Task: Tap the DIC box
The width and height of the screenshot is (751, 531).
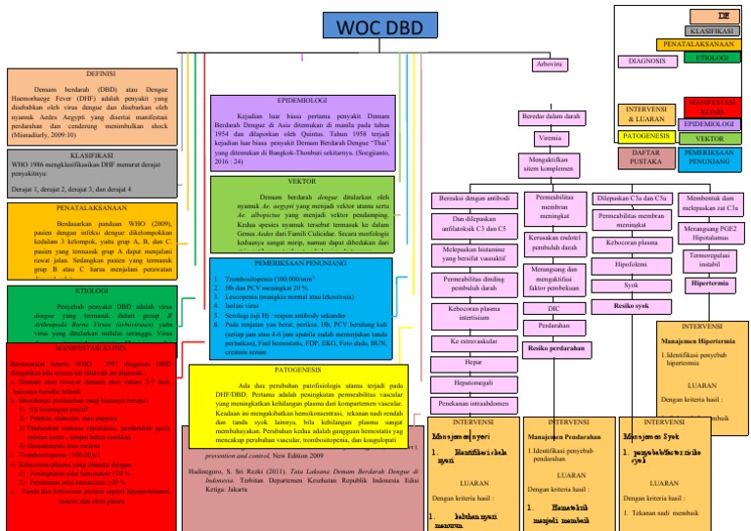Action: pos(553,307)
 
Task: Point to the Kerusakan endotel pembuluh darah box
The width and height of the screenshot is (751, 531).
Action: pos(553,242)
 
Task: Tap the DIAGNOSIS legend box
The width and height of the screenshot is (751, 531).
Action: pos(646,61)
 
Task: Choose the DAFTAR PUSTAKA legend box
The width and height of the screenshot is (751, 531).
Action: pos(646,156)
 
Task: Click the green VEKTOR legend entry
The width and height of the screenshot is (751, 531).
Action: pos(709,139)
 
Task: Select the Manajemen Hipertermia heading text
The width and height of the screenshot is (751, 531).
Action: pos(702,341)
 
